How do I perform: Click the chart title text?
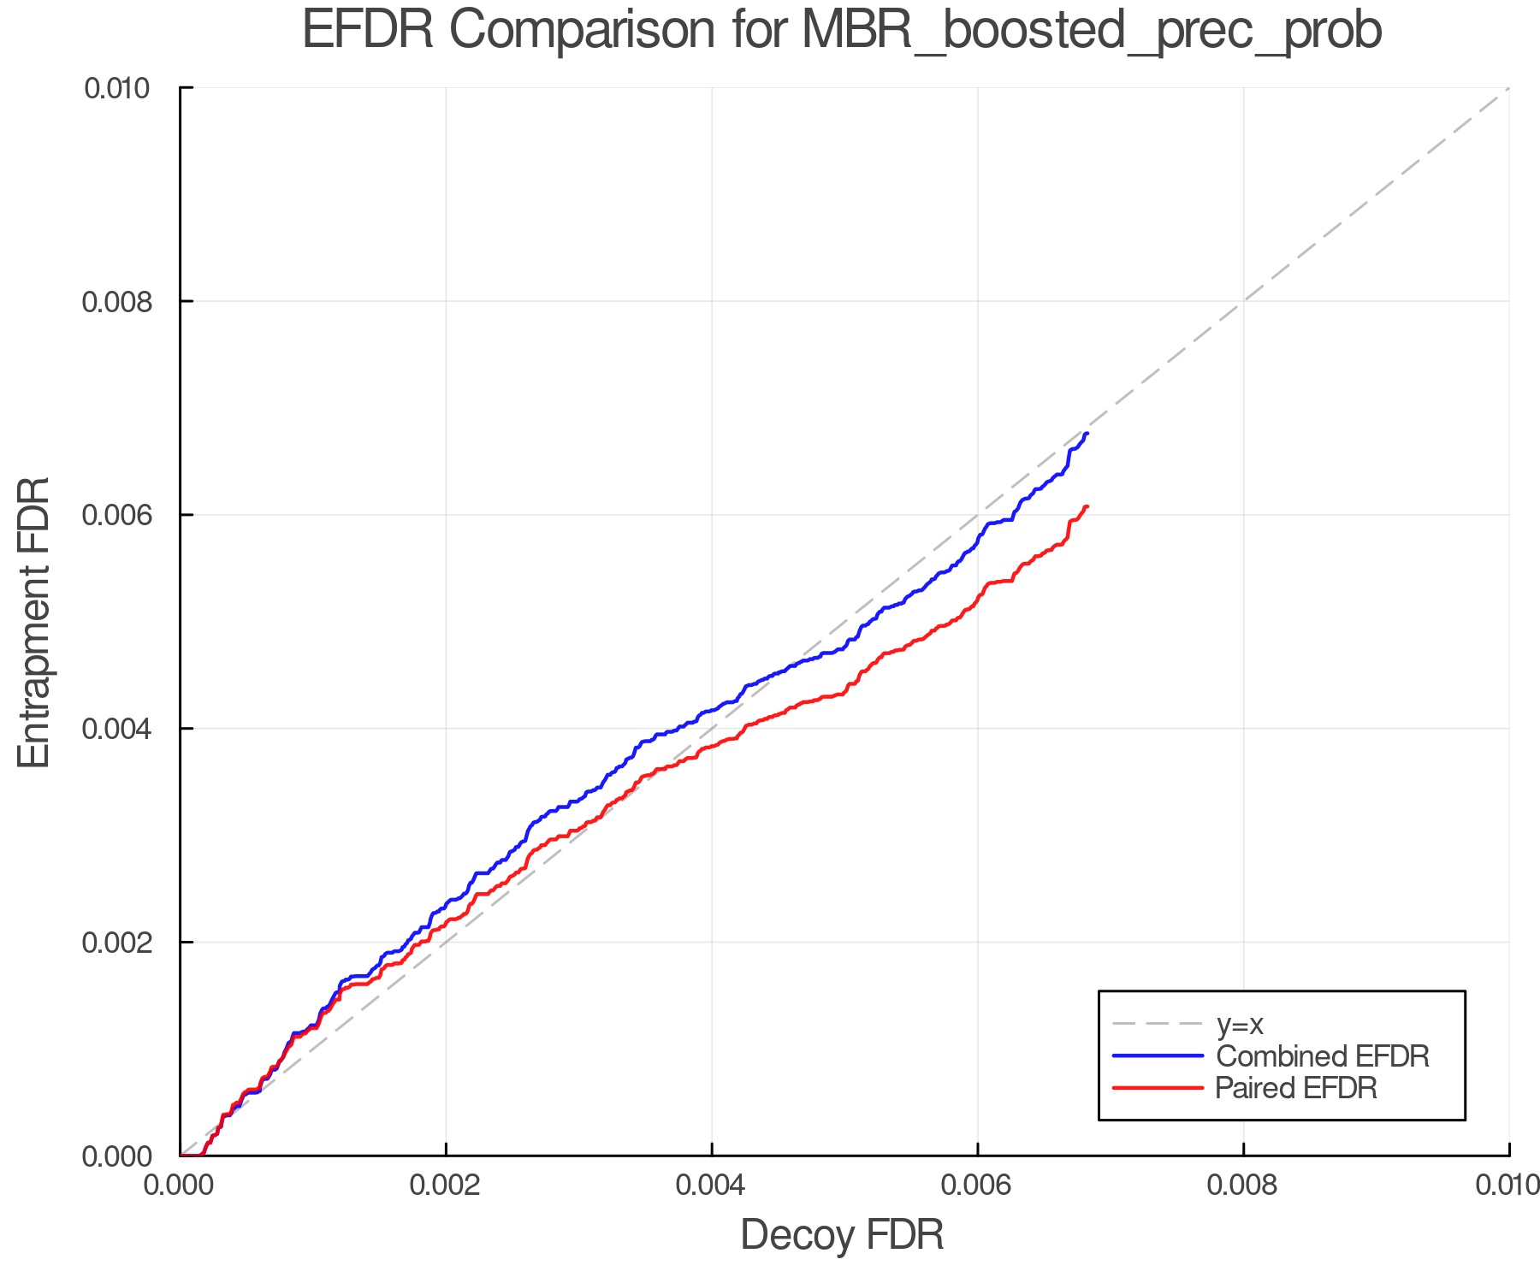842,31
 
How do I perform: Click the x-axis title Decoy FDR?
842,1235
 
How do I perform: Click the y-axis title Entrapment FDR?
34,623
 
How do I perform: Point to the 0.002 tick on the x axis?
446,1185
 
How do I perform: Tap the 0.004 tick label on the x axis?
712,1185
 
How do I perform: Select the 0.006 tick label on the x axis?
978,1185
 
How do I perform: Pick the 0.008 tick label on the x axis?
1243,1185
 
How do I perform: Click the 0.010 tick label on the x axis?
1507,1185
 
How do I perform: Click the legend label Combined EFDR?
1323,1056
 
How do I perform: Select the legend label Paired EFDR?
1296,1088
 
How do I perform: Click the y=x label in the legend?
1240,1024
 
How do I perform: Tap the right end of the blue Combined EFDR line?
1087,434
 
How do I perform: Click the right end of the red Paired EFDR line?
1087,506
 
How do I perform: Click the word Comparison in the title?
582,31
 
